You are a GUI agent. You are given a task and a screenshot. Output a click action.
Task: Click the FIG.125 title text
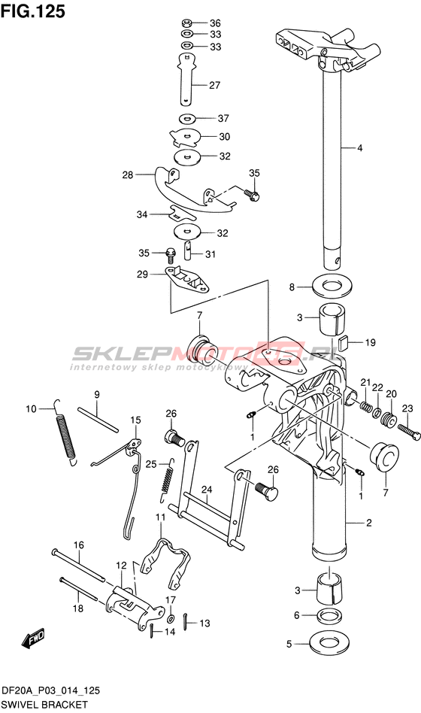coord(33,11)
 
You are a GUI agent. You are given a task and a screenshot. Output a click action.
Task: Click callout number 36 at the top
coord(215,23)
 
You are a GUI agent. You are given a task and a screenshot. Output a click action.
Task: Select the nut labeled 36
coord(186,23)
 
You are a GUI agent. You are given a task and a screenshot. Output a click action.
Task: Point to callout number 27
coord(214,85)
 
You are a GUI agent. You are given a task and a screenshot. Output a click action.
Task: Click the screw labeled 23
coord(408,431)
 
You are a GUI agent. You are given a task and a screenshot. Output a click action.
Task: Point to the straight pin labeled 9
coord(98,420)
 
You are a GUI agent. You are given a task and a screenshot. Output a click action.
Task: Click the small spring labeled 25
coord(168,479)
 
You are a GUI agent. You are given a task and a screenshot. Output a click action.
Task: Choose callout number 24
coord(207,490)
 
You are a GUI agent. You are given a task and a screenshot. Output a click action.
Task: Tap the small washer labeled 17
coord(171,618)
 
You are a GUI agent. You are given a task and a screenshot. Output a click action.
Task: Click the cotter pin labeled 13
coord(187,621)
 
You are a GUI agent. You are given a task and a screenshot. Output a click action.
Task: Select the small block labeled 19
coord(344,341)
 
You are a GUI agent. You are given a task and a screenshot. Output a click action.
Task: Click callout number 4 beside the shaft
coord(359,147)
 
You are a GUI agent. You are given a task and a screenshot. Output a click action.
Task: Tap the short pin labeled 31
coord(189,250)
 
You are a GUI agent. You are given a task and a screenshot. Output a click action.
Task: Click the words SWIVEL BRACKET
coord(44,705)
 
